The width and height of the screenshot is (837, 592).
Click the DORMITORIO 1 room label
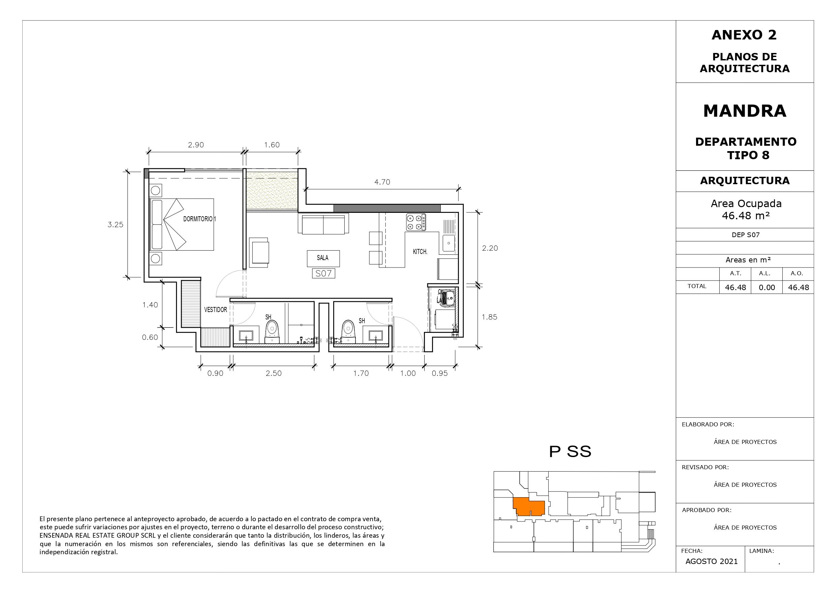pyautogui.click(x=199, y=219)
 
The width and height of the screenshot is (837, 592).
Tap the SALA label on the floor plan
pyautogui.click(x=323, y=258)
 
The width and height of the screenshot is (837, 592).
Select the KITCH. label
pyautogui.click(x=420, y=252)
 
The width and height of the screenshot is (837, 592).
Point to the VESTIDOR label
pyautogui.click(x=215, y=310)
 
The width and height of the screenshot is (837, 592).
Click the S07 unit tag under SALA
pyautogui.click(x=324, y=274)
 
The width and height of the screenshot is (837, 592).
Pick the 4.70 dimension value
pyautogui.click(x=382, y=182)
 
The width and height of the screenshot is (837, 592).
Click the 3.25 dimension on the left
pyautogui.click(x=115, y=225)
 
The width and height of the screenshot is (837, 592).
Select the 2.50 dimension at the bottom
pyautogui.click(x=273, y=373)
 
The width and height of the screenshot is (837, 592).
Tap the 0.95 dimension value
pyautogui.click(x=440, y=373)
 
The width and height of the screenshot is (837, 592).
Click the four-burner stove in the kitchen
pyautogui.click(x=416, y=222)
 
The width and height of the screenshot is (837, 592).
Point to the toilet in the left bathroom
pyautogui.click(x=272, y=332)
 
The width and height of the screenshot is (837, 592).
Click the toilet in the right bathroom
pyautogui.click(x=348, y=332)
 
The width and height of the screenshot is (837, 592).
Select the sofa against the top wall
pyautogui.click(x=323, y=223)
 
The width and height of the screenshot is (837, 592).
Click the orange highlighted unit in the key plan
pyautogui.click(x=528, y=507)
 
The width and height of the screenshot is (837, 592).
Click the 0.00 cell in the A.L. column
pyautogui.click(x=767, y=287)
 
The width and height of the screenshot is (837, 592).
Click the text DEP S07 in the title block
pyautogui.click(x=746, y=235)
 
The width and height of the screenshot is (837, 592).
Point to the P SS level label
pyautogui.click(x=570, y=452)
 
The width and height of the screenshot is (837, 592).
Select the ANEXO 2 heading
pyautogui.click(x=744, y=35)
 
